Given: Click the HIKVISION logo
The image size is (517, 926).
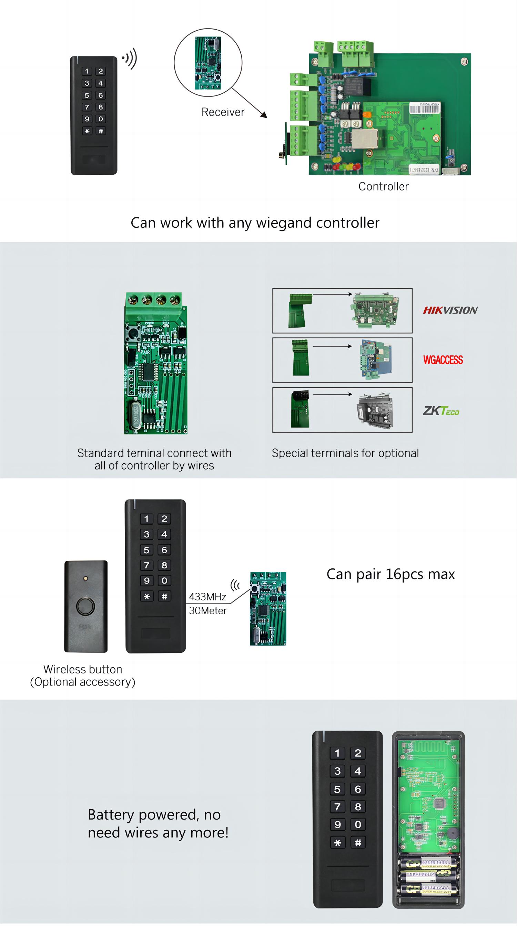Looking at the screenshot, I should click(x=450, y=310).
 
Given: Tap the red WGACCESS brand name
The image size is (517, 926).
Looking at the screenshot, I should click(x=443, y=360).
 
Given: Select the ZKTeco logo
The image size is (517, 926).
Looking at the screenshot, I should click(x=441, y=411).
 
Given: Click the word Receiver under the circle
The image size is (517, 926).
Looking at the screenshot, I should click(x=223, y=112).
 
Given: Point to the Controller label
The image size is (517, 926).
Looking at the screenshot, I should click(x=383, y=186).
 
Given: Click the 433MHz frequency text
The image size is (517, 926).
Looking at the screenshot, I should click(x=207, y=597).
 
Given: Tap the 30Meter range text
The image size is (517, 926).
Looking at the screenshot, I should click(x=208, y=610).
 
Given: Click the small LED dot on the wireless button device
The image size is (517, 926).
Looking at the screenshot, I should click(x=85, y=578).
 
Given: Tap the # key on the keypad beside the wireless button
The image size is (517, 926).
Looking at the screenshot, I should click(x=164, y=596).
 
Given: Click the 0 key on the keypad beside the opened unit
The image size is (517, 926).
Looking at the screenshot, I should click(x=358, y=824).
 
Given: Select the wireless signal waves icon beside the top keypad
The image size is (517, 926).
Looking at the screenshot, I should click(x=130, y=58).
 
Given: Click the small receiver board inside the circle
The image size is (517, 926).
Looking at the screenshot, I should click(x=208, y=63).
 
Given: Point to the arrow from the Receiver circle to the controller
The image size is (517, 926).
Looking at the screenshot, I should click(x=249, y=103).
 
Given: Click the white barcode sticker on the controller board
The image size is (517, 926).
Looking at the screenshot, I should click(x=425, y=108).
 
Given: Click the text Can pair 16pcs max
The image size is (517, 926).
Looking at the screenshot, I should click(x=391, y=574).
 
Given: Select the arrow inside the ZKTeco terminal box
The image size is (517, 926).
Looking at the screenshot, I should click(x=332, y=394).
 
